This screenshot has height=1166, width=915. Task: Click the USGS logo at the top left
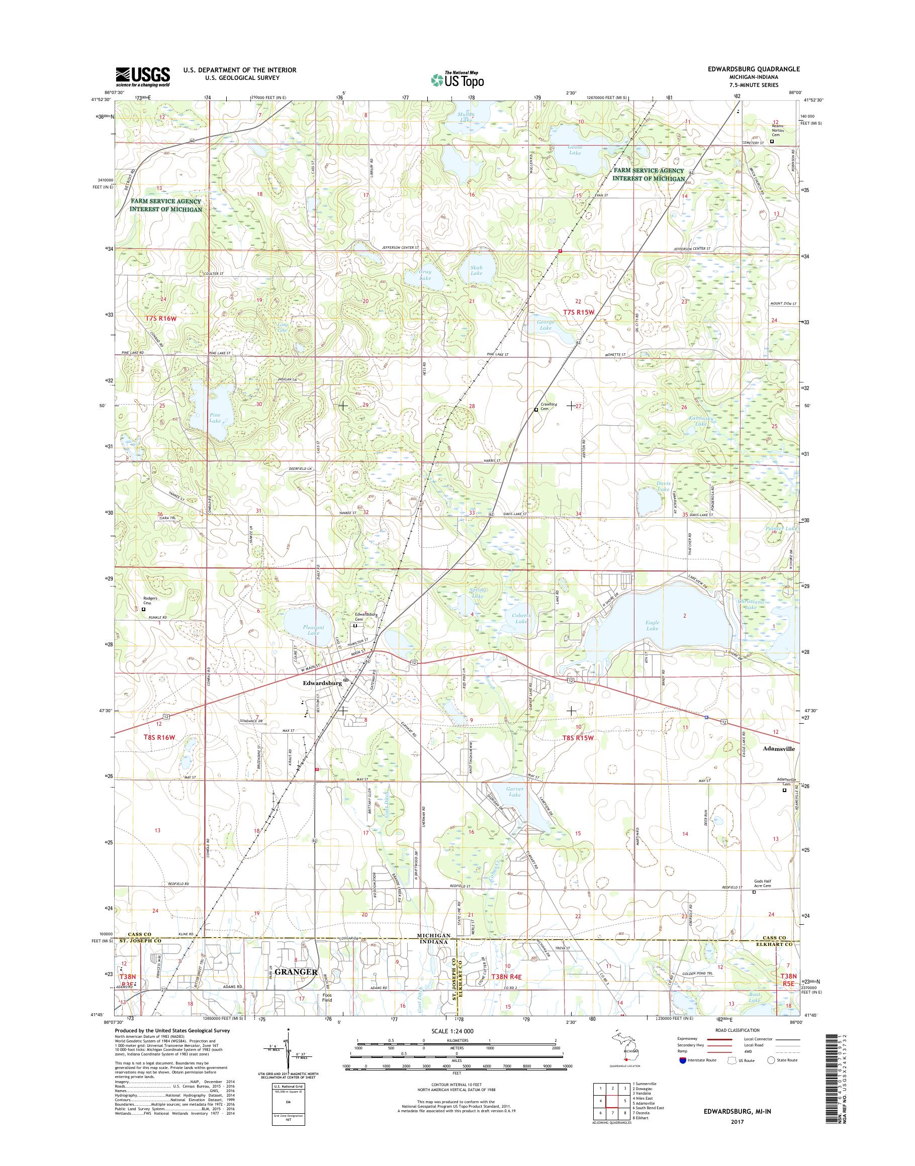143,76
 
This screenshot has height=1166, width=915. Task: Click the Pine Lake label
215,417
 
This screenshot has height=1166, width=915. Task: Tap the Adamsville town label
778,749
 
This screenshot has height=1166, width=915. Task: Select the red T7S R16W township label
160,318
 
